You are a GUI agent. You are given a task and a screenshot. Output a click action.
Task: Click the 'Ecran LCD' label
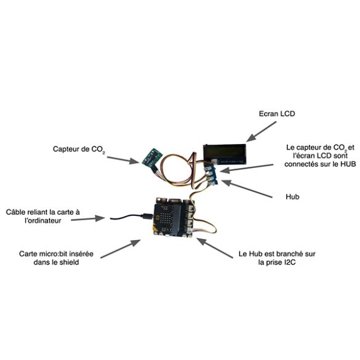277,114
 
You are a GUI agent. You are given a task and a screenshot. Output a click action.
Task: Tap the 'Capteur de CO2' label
79,150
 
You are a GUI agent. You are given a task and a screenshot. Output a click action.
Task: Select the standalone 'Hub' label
292,197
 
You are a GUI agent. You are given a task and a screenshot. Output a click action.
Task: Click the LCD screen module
225,154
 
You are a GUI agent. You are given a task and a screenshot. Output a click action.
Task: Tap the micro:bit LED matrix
165,218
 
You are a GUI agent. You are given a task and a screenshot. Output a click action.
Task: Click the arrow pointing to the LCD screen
262,131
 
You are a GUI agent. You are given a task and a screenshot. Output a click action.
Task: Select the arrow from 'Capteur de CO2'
123,160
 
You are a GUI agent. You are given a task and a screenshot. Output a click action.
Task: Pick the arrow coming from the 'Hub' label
247,189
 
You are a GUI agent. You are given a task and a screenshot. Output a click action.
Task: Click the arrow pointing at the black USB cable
88,218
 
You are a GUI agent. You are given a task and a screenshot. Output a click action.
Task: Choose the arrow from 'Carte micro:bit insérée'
121,249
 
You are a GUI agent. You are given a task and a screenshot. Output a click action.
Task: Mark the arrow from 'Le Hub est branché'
215,248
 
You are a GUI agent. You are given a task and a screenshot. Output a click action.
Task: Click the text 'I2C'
290,262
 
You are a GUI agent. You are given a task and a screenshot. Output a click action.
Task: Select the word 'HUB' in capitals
348,164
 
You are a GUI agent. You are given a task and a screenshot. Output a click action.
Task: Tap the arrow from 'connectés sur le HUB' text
246,168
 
